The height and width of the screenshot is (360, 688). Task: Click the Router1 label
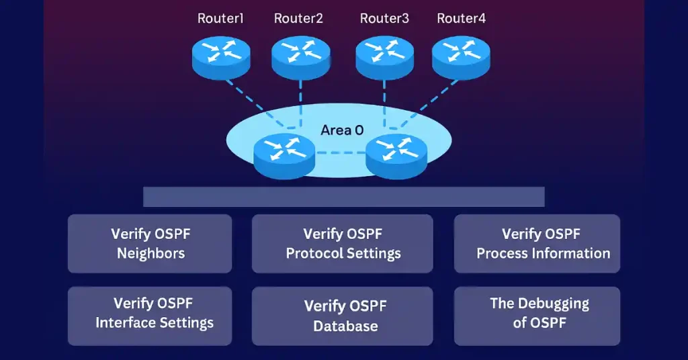tap(220, 18)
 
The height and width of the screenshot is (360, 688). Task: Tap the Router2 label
tap(298, 18)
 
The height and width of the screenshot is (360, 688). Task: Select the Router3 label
tap(384, 18)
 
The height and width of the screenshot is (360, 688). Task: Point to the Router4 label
tap(461, 18)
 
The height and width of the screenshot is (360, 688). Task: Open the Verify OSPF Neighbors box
tap(150, 243)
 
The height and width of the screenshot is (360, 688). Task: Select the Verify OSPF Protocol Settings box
tap(343, 243)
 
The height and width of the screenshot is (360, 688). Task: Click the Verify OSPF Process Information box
tap(537, 243)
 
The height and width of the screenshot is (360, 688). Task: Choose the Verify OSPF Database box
tap(343, 316)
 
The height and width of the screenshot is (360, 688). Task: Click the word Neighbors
tap(150, 253)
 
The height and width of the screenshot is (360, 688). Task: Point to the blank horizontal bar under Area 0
tap(343, 197)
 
